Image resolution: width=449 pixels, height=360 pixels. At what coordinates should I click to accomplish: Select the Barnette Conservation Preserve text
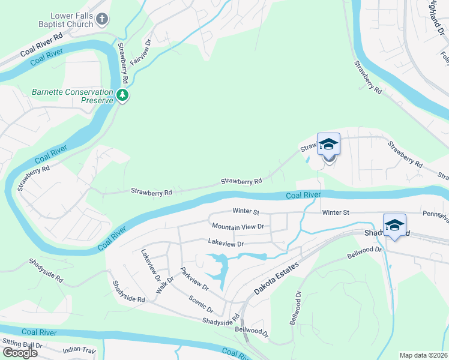click(73, 97)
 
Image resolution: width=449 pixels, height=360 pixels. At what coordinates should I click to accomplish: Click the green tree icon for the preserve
click(122, 95)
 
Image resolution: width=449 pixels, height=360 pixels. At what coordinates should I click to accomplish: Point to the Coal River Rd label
click(41, 45)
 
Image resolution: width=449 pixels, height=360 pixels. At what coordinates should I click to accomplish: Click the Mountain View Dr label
click(238, 226)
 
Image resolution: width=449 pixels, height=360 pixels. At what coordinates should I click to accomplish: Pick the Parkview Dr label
click(195, 278)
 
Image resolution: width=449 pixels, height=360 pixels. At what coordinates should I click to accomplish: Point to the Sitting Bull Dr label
click(23, 344)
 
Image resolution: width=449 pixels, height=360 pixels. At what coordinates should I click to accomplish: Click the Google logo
click(20, 352)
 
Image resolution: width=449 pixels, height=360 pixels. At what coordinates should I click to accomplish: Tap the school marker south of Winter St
click(394, 226)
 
